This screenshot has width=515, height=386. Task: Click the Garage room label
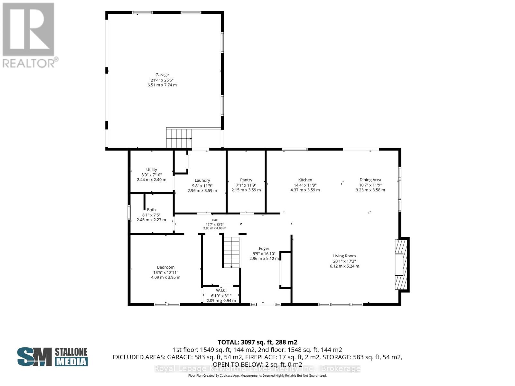162,75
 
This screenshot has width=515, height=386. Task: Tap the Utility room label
152,170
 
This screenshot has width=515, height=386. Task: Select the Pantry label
246,180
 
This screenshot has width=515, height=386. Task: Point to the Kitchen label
305,180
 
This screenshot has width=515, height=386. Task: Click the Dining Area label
370,180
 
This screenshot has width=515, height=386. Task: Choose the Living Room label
344,256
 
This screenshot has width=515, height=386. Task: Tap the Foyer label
264,248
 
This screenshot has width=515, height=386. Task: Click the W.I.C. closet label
221,290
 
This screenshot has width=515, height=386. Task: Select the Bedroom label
166,267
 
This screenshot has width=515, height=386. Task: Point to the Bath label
151,210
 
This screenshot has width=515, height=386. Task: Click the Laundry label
202,180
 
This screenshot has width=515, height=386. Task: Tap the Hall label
215,220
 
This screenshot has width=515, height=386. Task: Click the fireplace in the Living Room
402,265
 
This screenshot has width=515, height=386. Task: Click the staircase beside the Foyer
231,252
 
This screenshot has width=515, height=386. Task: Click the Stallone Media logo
52,357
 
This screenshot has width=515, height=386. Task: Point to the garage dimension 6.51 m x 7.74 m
162,85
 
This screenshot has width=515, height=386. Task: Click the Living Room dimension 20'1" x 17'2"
344,261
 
